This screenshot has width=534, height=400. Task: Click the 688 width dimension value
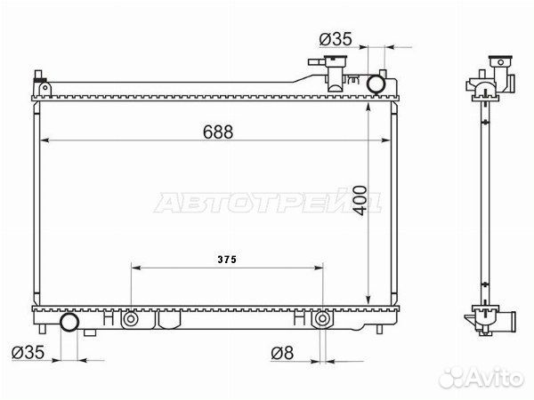point(218,132)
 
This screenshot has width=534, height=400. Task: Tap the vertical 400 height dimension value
point(360,201)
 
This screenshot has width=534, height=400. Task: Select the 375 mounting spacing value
point(227,260)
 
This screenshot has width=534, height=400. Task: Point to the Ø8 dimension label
point(282,353)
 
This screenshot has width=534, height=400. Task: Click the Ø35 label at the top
point(336,39)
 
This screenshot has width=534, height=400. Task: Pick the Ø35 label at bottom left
point(28,352)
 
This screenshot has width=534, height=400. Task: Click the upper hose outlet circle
point(376,84)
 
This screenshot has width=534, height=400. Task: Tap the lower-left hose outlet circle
point(69,322)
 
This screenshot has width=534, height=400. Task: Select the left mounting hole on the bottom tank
point(131,319)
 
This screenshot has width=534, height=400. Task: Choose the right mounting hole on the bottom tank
point(321,319)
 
